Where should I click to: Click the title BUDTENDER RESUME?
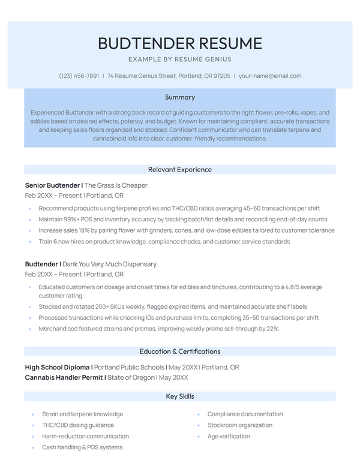[x=180, y=43]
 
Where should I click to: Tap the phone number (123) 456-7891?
[x=79, y=76]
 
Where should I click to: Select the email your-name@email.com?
[x=270, y=76]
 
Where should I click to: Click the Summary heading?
[x=180, y=97]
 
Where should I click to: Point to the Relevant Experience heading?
[x=180, y=170]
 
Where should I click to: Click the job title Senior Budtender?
[x=53, y=185]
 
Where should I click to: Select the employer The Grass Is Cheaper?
[x=116, y=185]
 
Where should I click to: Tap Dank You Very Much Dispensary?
[x=110, y=264]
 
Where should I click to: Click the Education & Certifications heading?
[x=180, y=351]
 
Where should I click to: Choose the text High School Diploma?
[x=58, y=367]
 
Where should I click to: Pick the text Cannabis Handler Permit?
[x=64, y=378]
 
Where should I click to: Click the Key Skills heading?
[x=180, y=396]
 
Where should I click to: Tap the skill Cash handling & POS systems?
[x=82, y=447]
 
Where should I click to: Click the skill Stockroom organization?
[x=240, y=425]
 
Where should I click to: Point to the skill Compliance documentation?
[x=245, y=414]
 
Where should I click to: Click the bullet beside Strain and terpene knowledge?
[x=32, y=414]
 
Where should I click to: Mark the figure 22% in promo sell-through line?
[x=272, y=329]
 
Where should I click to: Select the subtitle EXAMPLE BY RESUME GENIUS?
[x=180, y=59]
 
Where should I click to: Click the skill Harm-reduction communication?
[x=85, y=436]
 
